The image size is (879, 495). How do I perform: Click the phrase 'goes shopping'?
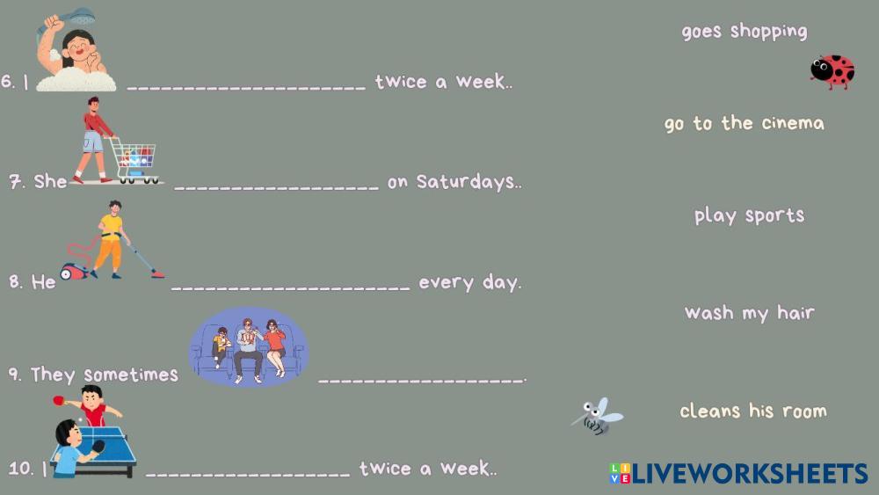(x=745, y=32)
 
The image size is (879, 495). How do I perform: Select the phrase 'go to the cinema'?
(x=745, y=123)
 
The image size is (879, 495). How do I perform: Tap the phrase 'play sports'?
(x=750, y=215)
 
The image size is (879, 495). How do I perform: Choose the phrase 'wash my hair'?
(x=750, y=313)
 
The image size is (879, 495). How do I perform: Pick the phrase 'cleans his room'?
(x=753, y=411)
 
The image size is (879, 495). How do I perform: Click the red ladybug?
(x=832, y=72)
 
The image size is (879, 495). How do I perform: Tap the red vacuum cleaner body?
(x=74, y=272)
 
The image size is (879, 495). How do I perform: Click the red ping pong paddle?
(x=59, y=400)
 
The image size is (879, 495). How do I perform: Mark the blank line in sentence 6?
(x=246, y=88)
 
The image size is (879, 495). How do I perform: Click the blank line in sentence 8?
(x=290, y=288)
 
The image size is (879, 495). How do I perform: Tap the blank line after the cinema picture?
(x=422, y=381)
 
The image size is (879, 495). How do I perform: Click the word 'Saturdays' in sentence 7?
(x=465, y=182)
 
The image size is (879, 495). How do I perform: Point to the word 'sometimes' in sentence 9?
(x=131, y=375)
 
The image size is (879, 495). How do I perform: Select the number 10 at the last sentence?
(x=21, y=468)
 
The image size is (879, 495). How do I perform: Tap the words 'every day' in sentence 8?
(x=469, y=282)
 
